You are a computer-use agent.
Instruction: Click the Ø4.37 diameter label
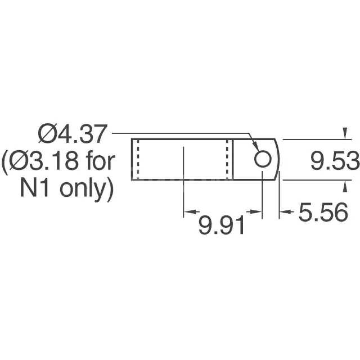point(71,135)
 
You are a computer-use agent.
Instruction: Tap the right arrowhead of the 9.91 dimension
point(258,212)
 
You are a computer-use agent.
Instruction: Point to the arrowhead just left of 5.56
point(285,212)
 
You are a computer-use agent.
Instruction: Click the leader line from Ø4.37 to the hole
point(180,134)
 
